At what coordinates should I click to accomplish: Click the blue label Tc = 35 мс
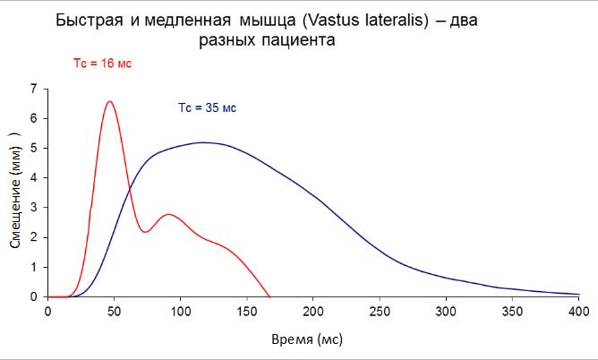(x=206, y=108)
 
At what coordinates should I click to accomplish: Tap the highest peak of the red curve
(x=109, y=101)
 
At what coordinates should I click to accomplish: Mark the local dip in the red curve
(x=146, y=232)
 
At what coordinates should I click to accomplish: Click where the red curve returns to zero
(x=269, y=296)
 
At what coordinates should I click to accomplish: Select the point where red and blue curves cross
(x=131, y=191)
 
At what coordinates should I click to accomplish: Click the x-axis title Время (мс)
(x=307, y=340)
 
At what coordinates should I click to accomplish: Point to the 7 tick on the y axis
(x=34, y=89)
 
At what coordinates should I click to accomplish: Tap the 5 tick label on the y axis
(x=34, y=148)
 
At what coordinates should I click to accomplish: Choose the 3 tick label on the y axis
(x=34, y=208)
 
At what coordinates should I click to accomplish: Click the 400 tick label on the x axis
(x=578, y=311)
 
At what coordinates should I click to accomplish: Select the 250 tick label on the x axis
(x=380, y=311)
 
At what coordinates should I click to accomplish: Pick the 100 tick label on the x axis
(x=181, y=311)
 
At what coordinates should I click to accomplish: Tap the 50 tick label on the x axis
(x=114, y=311)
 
